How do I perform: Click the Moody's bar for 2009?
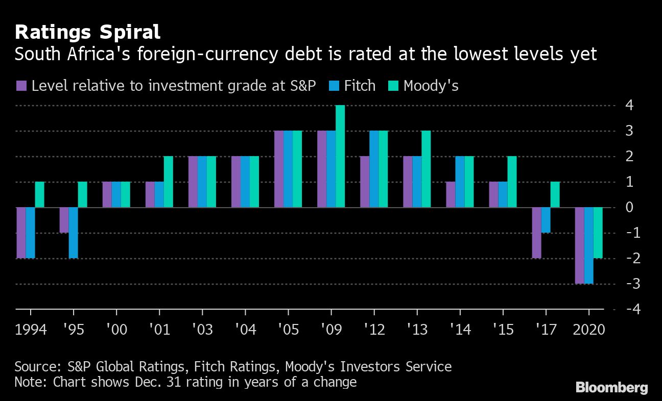340,156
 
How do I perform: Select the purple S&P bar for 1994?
21,233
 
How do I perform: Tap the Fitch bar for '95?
74,233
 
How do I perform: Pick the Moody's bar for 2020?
598,233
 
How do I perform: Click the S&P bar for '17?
536,233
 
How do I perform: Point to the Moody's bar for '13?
426,169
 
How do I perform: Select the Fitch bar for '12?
374,169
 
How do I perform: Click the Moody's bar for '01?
169,182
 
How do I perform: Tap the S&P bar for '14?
451,194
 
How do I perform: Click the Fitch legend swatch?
336,86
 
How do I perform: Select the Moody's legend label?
431,86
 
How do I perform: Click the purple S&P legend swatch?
21,86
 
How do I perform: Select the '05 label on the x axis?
288,329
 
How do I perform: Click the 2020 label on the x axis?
589,329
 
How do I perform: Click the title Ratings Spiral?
87,32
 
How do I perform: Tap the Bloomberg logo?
611,387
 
